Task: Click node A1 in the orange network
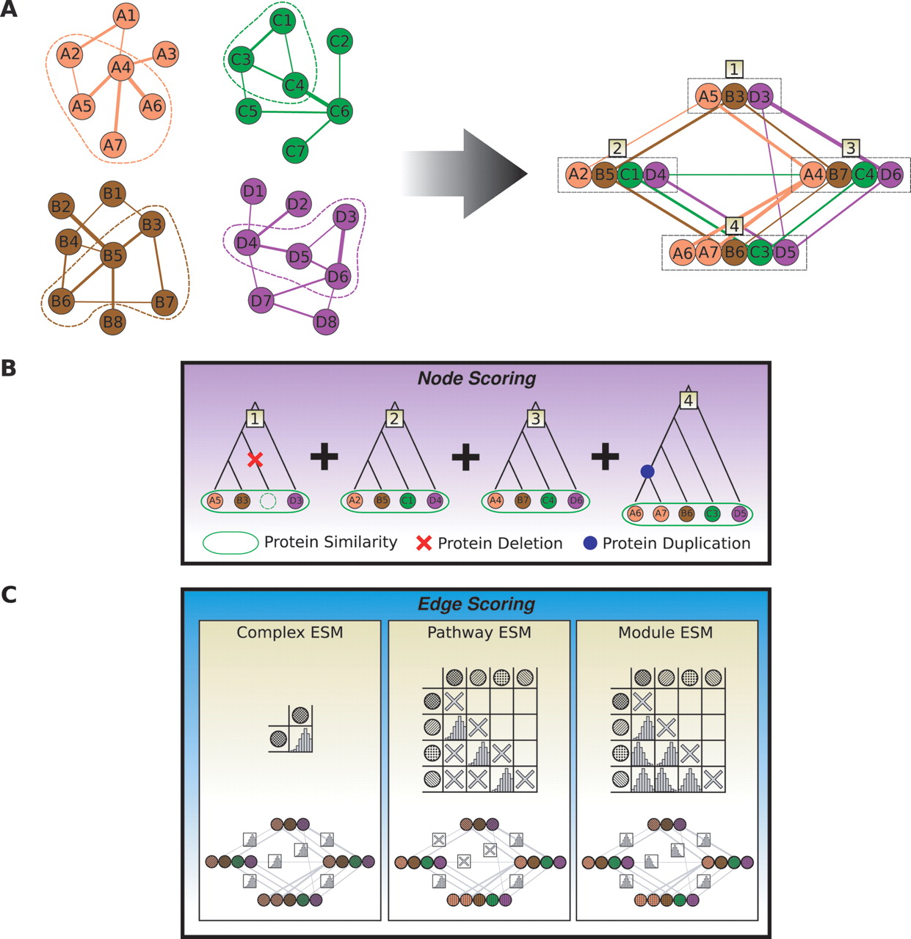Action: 126,16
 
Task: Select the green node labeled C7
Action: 295,151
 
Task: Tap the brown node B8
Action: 112,321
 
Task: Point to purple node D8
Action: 326,321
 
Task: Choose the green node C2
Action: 339,41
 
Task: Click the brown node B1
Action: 112,194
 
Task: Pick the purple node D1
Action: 253,191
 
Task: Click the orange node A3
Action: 167,54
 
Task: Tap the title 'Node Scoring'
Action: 476,379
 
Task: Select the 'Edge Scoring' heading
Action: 476,604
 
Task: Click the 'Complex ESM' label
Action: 290,632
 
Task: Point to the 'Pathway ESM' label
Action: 479,632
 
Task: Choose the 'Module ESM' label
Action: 665,632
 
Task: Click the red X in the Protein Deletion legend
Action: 424,544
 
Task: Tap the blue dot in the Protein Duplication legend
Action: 589,544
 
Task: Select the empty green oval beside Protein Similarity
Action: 230,543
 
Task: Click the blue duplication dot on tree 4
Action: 647,472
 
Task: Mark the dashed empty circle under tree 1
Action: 269,501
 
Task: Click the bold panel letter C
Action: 9,594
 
